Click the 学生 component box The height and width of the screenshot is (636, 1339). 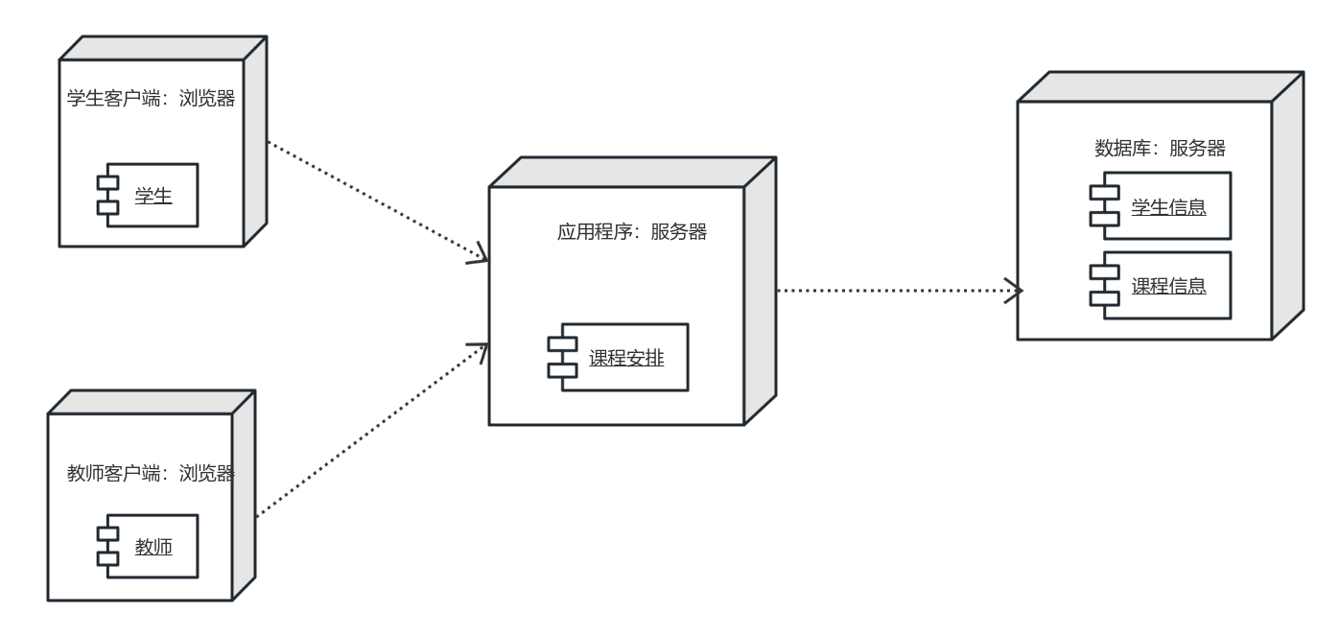[153, 195]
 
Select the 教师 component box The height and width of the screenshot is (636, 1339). [153, 547]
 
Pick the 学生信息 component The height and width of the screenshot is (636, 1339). [1166, 205]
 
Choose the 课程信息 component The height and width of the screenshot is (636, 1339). [1166, 285]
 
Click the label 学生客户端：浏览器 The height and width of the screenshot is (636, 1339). [151, 99]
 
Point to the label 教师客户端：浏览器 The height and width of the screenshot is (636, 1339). [151, 472]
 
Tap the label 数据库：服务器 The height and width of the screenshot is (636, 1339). [1160, 149]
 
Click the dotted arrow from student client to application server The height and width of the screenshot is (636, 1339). [374, 201]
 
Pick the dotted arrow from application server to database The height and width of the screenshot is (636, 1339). [892, 289]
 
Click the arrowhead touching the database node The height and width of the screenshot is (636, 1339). [1016, 289]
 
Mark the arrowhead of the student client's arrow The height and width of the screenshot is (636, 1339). [480, 256]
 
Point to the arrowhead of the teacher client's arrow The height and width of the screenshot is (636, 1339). [480, 350]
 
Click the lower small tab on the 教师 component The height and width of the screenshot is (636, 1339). [107, 558]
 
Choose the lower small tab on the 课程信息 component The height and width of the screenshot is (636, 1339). [1099, 296]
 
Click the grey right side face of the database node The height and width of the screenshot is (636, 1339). [1288, 206]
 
